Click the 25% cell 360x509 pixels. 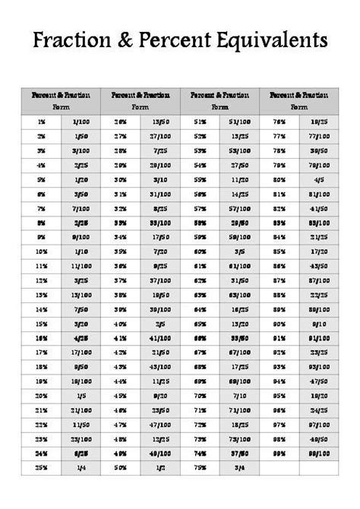[x=40, y=468]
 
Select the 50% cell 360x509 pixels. [x=120, y=468]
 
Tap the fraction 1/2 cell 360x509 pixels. [x=160, y=468]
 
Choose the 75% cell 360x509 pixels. [x=201, y=468]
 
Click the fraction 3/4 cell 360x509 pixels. [x=239, y=468]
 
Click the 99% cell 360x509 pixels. [x=279, y=454]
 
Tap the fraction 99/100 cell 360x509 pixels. [x=319, y=454]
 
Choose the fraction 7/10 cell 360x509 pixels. [x=239, y=396]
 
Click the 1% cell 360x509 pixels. [x=40, y=122]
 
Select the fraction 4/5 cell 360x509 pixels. [x=319, y=179]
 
